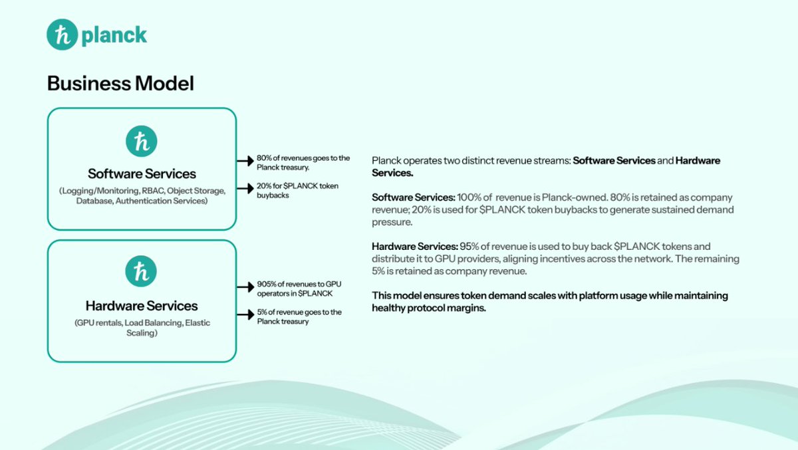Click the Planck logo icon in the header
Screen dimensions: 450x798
click(x=63, y=35)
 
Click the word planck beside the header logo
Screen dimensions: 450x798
click(x=114, y=35)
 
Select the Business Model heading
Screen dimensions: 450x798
click(x=120, y=84)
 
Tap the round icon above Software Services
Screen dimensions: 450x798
click(x=142, y=142)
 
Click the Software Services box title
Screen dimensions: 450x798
click(x=142, y=174)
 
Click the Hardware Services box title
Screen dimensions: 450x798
click(x=142, y=306)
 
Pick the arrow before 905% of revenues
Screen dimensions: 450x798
click(x=245, y=287)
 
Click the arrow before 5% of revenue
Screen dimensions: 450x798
click(x=245, y=315)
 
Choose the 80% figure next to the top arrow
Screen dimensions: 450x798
click(x=264, y=158)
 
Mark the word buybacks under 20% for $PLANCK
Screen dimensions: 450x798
click(x=273, y=195)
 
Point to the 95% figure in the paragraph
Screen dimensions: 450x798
click(x=469, y=247)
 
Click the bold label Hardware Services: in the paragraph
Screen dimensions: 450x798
click(x=414, y=247)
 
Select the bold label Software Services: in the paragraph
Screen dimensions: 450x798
click(x=413, y=197)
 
